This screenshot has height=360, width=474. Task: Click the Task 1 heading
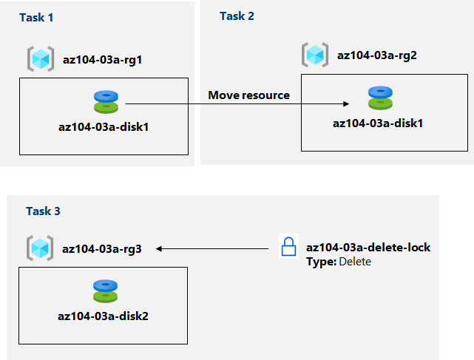point(36,16)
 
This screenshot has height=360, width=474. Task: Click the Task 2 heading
point(237,16)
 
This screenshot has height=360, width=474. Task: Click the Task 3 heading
point(43,211)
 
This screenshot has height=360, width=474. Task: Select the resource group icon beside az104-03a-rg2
point(315,55)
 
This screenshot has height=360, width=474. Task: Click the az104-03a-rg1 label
point(102,58)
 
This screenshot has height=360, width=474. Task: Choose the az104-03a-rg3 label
point(102,249)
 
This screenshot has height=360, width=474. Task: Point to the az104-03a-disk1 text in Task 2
point(378,122)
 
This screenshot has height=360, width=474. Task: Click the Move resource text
point(248,95)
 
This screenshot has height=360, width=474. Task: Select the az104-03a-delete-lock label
point(368,247)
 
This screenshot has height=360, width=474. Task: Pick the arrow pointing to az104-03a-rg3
point(210,249)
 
